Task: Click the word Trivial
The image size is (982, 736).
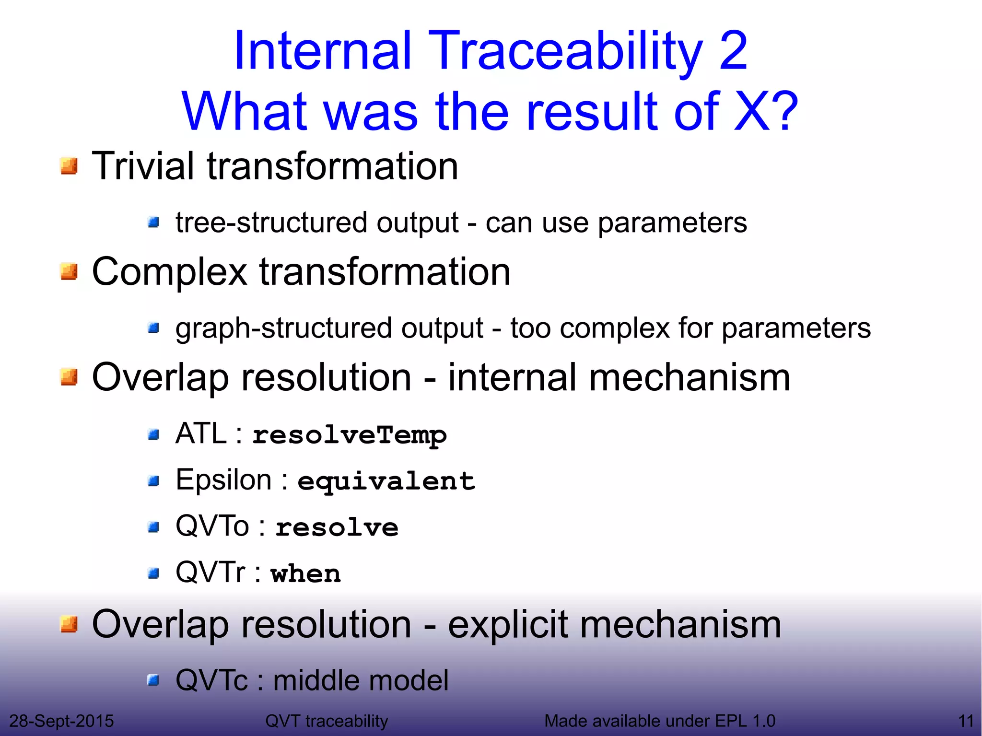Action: tap(142, 166)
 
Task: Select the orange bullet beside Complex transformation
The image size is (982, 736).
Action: tap(69, 271)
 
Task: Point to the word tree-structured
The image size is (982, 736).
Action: tap(272, 223)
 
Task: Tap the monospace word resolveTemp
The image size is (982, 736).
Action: tap(349, 435)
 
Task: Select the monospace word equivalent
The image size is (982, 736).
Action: tap(386, 481)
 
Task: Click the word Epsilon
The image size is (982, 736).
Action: tap(224, 480)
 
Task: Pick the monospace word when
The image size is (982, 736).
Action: tap(305, 573)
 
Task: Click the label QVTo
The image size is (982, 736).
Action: tap(212, 526)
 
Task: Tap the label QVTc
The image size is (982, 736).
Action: tap(211, 680)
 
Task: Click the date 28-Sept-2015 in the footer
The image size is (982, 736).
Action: tap(61, 721)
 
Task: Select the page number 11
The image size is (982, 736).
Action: tap(966, 721)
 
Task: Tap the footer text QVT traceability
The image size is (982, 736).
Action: tap(327, 721)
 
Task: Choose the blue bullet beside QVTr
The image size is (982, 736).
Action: tap(153, 573)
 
